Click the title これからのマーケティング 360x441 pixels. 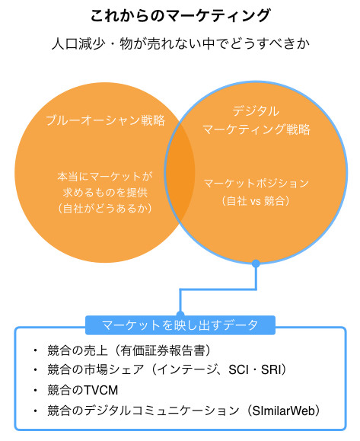pos(180,15)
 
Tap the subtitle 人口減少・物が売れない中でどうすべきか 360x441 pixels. pos(180,44)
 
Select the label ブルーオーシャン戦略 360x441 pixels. pos(105,120)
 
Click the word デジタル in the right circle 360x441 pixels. pos(256,110)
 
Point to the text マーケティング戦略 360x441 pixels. pos(256,129)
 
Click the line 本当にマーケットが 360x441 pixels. pos(105,177)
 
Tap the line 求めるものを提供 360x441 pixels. pos(105,193)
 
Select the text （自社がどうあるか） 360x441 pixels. pos(105,209)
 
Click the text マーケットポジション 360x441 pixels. pos(256,184)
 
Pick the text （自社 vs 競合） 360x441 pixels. pos(256,201)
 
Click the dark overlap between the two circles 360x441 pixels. pos(180,172)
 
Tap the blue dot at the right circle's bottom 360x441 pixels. pos(256,264)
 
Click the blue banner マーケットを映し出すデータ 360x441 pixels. pos(180,325)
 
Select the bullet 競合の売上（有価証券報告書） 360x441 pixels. pos(129,350)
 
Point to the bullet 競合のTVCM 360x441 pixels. pos(83,390)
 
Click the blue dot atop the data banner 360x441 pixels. pos(180,315)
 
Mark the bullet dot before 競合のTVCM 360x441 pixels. pos(35,390)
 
